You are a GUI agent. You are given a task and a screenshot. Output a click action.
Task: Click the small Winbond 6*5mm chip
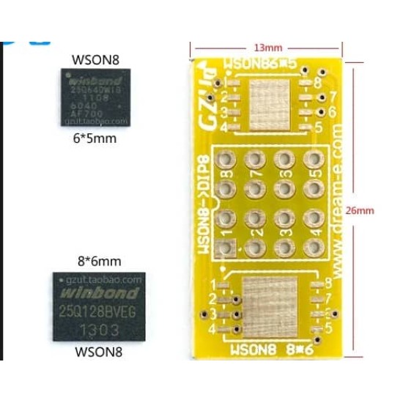95,97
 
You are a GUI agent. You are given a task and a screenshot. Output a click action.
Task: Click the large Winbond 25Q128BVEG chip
99,306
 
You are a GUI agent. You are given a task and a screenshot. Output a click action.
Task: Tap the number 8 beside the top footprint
317,82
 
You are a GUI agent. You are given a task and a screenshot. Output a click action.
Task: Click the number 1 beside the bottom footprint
214,284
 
